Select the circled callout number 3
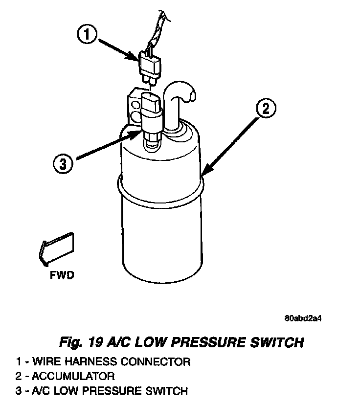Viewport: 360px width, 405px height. point(62,163)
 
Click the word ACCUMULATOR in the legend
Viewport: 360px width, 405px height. point(74,376)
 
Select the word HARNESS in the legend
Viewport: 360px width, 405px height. point(81,362)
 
